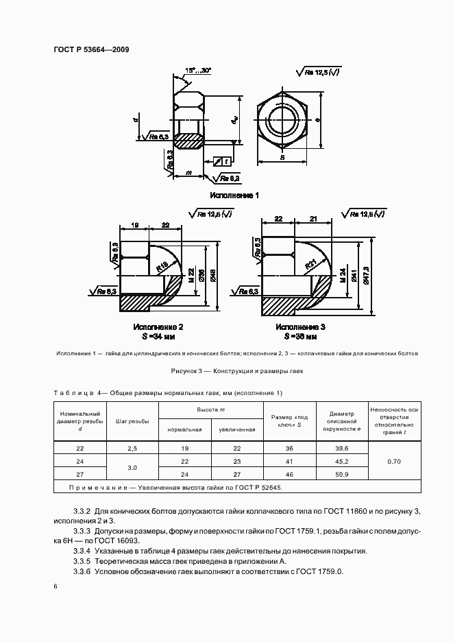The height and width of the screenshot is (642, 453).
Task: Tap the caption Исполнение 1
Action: point(234,195)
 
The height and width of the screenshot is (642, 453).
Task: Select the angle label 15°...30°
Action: point(198,70)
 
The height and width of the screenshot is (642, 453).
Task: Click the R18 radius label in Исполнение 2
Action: point(162,267)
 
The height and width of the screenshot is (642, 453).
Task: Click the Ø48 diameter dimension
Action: point(215,277)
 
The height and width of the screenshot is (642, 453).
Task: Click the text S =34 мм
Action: point(158,337)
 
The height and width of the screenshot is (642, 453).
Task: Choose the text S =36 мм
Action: point(301,337)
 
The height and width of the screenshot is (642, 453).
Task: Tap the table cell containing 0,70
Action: point(394,461)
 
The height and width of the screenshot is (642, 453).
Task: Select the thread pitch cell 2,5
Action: point(132,448)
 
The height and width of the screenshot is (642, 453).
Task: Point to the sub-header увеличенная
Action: point(237,429)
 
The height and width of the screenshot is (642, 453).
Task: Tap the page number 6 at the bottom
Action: point(56,587)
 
